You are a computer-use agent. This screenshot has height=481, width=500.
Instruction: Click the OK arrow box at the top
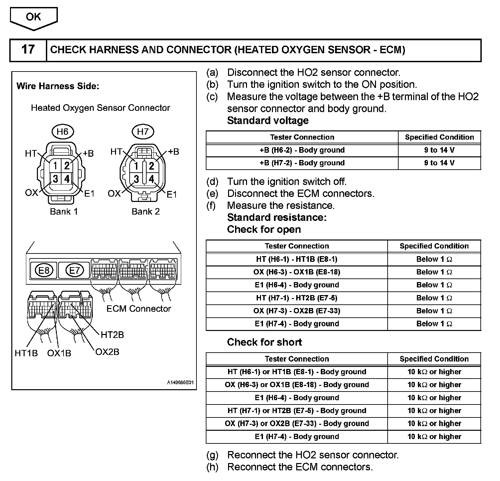point(34,18)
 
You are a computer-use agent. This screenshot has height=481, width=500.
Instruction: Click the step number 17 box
point(28,50)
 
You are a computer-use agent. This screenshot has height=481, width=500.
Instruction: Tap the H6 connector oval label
point(62,132)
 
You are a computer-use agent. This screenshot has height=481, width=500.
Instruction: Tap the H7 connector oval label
point(143,132)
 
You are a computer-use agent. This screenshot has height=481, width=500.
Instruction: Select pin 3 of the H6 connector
point(55,179)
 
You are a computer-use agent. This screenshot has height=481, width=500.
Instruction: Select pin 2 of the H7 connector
point(151,166)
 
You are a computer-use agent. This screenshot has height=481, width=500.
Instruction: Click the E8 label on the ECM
point(44,270)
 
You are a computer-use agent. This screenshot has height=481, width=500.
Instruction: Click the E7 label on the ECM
point(74,270)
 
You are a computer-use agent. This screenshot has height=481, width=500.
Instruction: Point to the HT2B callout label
point(112,335)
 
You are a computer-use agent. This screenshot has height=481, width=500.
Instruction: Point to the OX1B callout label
point(59,353)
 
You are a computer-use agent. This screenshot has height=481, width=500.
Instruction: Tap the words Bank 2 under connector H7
point(146,212)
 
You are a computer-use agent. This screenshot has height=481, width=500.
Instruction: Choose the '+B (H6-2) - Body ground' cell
point(302,150)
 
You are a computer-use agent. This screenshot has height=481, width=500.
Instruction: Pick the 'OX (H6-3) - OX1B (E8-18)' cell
point(297,272)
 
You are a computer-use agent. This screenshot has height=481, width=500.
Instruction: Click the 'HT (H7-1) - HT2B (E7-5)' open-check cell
point(297,298)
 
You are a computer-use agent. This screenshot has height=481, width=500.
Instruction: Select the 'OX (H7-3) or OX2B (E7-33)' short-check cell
point(297,423)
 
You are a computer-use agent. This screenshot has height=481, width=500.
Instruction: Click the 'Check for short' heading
point(264,342)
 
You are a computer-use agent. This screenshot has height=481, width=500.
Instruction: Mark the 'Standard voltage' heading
point(268,120)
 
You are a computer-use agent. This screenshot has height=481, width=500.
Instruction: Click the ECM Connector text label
point(139,309)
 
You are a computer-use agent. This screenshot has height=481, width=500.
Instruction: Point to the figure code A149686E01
point(180,383)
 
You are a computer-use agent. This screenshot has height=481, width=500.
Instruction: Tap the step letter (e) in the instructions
point(212,194)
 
